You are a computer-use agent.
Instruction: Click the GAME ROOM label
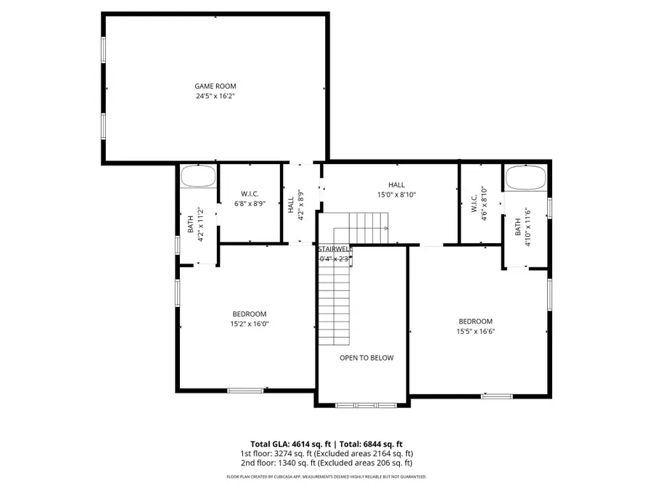[x=215, y=86]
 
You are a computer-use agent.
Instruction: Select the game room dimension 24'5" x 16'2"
[x=215, y=96]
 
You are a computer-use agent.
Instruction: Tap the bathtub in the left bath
[x=198, y=176]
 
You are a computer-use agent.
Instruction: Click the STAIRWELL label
[x=334, y=249]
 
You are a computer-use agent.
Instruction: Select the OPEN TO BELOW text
[x=366, y=358]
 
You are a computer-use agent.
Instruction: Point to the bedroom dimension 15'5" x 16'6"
[x=475, y=331]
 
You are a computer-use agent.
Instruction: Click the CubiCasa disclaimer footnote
[x=326, y=477]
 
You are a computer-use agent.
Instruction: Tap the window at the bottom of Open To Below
[x=366, y=404]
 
